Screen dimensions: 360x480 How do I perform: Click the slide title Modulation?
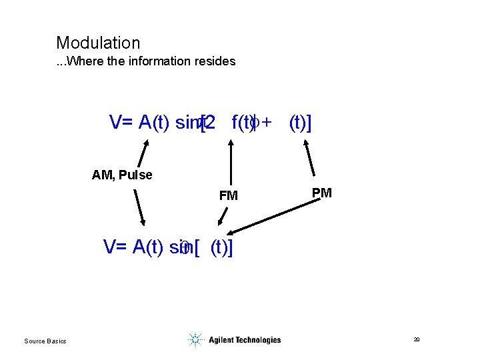coord(98,43)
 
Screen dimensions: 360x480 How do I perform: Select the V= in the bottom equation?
coord(116,247)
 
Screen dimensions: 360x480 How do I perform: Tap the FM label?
coord(228,196)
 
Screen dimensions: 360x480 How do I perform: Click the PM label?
coord(321,193)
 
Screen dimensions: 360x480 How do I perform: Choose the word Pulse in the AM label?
coord(137,175)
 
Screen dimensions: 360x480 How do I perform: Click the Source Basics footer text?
coord(45,341)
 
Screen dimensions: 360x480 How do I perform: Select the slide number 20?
coord(416,340)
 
